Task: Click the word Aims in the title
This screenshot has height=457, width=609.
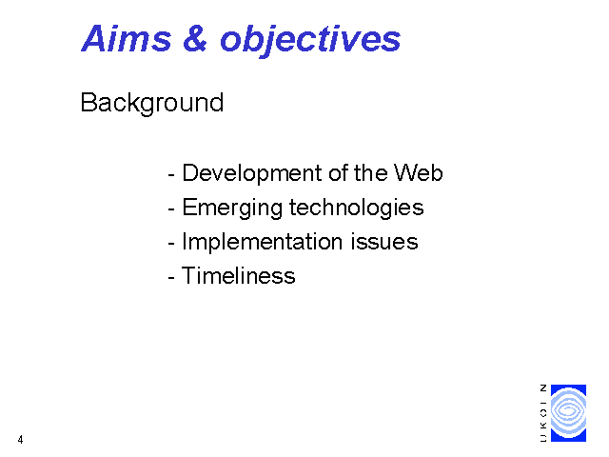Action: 127,38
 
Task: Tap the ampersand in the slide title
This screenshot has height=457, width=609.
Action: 195,38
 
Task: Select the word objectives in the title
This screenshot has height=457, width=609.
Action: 310,41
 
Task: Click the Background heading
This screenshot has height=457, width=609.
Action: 152,104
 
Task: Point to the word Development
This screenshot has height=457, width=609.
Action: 251,173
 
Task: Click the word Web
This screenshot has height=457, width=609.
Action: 419,172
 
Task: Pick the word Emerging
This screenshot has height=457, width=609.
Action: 232,209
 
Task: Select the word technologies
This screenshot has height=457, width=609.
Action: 357,209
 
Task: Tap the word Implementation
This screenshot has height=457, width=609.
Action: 262,243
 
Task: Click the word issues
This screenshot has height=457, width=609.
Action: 384,242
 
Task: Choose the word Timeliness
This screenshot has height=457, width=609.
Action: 238,276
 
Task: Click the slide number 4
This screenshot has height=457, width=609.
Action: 20,440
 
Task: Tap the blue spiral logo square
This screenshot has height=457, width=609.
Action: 568,413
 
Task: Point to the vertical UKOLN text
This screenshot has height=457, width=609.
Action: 543,413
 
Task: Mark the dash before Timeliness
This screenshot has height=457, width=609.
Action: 171,278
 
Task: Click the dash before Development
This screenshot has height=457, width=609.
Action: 171,175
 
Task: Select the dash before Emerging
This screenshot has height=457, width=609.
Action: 171,209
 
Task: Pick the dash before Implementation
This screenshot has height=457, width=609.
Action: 171,244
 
